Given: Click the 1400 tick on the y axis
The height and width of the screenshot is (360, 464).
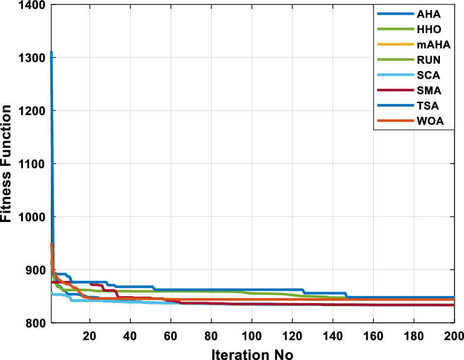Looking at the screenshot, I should (31, 5).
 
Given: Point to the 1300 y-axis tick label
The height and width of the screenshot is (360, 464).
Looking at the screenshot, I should (31, 58).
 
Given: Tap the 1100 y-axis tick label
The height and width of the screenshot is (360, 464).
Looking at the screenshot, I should (31, 164).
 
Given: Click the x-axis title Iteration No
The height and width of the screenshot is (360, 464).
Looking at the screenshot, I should (252, 353).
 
